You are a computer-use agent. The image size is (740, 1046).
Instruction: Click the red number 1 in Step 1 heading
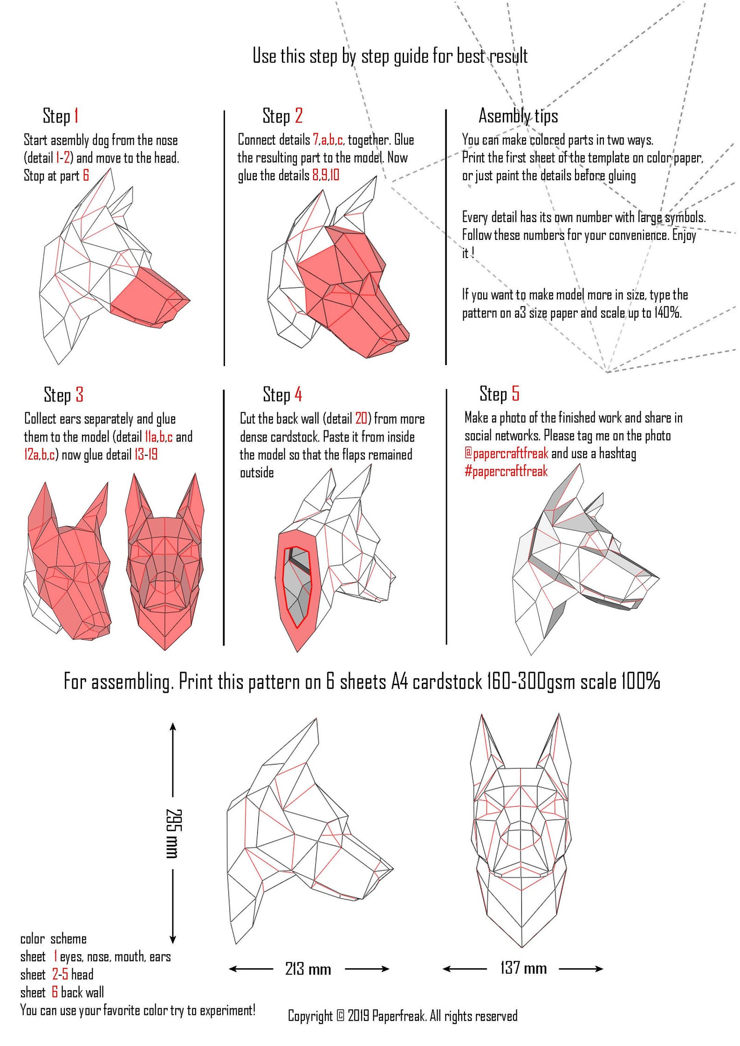click(x=76, y=115)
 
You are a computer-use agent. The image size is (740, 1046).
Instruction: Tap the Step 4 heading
click(x=282, y=394)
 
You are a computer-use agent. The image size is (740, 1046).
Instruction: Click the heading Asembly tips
click(x=518, y=115)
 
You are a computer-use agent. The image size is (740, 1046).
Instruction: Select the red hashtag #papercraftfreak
click(x=506, y=471)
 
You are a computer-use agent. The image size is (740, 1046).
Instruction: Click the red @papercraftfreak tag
click(x=506, y=453)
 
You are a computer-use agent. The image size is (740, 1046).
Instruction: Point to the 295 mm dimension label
click(x=173, y=834)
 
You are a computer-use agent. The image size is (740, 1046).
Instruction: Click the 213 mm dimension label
click(x=308, y=969)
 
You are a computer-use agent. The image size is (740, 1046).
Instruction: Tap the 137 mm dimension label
click(x=523, y=968)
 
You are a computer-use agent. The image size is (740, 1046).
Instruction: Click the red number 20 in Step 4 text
click(x=361, y=418)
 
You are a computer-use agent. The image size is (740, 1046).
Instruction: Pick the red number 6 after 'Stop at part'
click(x=86, y=176)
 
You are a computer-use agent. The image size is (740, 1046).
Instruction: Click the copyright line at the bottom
click(x=402, y=1016)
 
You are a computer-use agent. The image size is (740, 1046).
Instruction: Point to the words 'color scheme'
click(x=53, y=938)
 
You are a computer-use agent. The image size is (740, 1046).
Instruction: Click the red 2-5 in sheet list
click(x=60, y=974)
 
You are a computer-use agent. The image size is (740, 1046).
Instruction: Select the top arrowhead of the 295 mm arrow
click(x=173, y=727)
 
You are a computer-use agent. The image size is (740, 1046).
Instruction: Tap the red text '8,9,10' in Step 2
click(x=326, y=175)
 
